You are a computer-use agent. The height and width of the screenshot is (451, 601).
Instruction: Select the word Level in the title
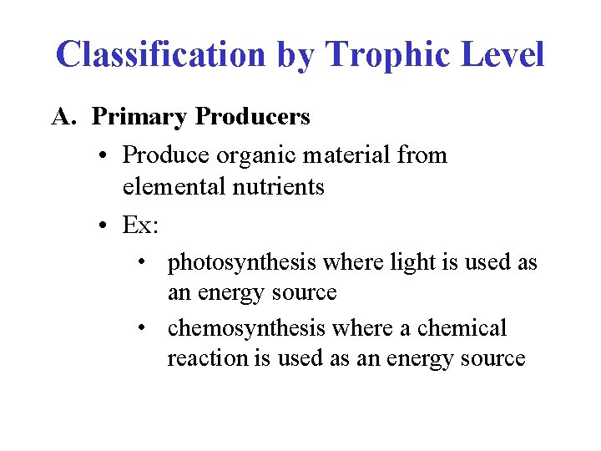coord(504,55)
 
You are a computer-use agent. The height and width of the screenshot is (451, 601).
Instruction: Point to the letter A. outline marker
coord(64,117)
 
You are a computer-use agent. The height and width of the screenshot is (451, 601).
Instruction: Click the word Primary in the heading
coord(139,117)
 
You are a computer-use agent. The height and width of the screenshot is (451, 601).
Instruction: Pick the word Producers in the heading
coord(252,117)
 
